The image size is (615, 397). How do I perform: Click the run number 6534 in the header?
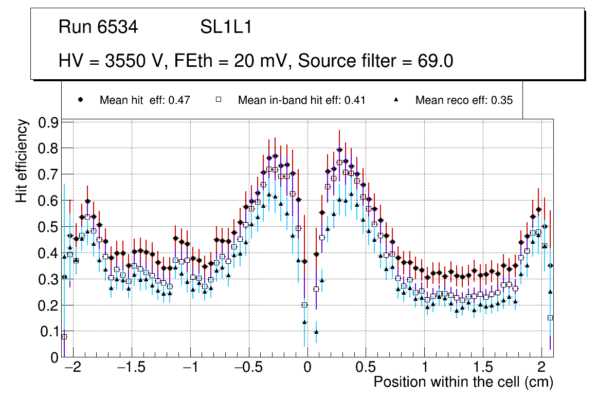[118, 27]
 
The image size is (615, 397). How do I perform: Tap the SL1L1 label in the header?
[226, 27]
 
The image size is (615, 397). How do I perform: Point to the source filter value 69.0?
[432, 61]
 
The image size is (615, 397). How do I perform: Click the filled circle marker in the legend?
[80, 100]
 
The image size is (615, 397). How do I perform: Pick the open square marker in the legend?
[218, 100]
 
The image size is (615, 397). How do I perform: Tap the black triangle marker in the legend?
[396, 100]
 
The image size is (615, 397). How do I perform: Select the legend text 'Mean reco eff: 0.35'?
[464, 100]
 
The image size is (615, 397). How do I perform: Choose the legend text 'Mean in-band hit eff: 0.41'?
[301, 100]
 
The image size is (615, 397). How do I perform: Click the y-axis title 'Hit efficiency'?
[22, 160]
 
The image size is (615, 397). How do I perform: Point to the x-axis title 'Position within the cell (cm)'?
[463, 382]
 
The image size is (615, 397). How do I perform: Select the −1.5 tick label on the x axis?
[133, 368]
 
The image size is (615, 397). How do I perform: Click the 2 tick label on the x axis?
[541, 368]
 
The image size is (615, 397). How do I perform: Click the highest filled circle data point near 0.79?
[339, 150]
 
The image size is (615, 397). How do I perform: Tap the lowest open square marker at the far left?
[64, 336]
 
